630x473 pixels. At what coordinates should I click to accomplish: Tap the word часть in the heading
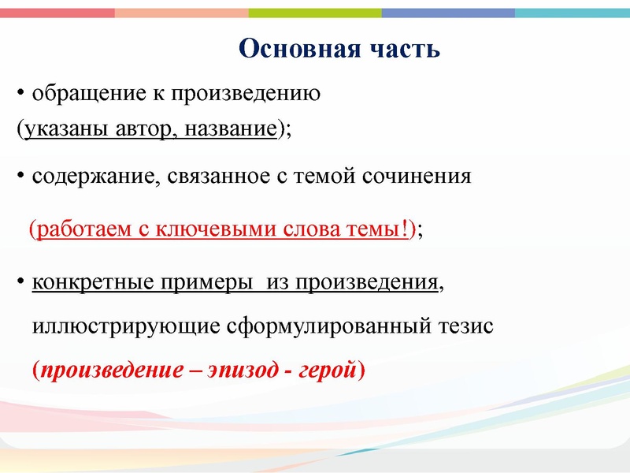[x=403, y=49]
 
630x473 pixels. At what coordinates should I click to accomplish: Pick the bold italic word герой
[x=327, y=370]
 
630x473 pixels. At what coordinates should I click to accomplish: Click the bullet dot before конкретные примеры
[x=20, y=282]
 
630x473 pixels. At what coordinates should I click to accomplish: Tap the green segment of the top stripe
[x=315, y=13]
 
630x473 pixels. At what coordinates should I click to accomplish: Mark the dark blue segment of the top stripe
[x=449, y=13]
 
